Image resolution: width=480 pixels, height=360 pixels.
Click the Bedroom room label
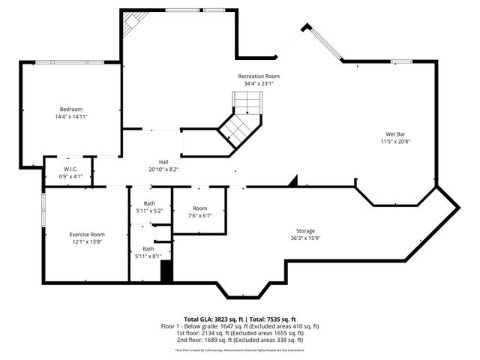(71, 109)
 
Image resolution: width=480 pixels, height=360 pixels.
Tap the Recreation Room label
(259, 76)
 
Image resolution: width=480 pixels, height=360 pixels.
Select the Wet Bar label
(394, 133)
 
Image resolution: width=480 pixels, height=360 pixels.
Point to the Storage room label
(304, 230)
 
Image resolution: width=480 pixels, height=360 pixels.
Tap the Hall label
(163, 162)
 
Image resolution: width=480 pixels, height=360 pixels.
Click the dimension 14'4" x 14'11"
(71, 117)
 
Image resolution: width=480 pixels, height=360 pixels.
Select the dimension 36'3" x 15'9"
(304, 238)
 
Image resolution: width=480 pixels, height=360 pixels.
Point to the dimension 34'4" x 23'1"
(259, 84)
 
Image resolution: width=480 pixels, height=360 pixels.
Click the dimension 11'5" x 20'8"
(394, 141)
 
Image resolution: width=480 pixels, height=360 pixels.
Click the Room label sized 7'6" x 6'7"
(199, 208)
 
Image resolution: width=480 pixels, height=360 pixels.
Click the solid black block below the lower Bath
(166, 271)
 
